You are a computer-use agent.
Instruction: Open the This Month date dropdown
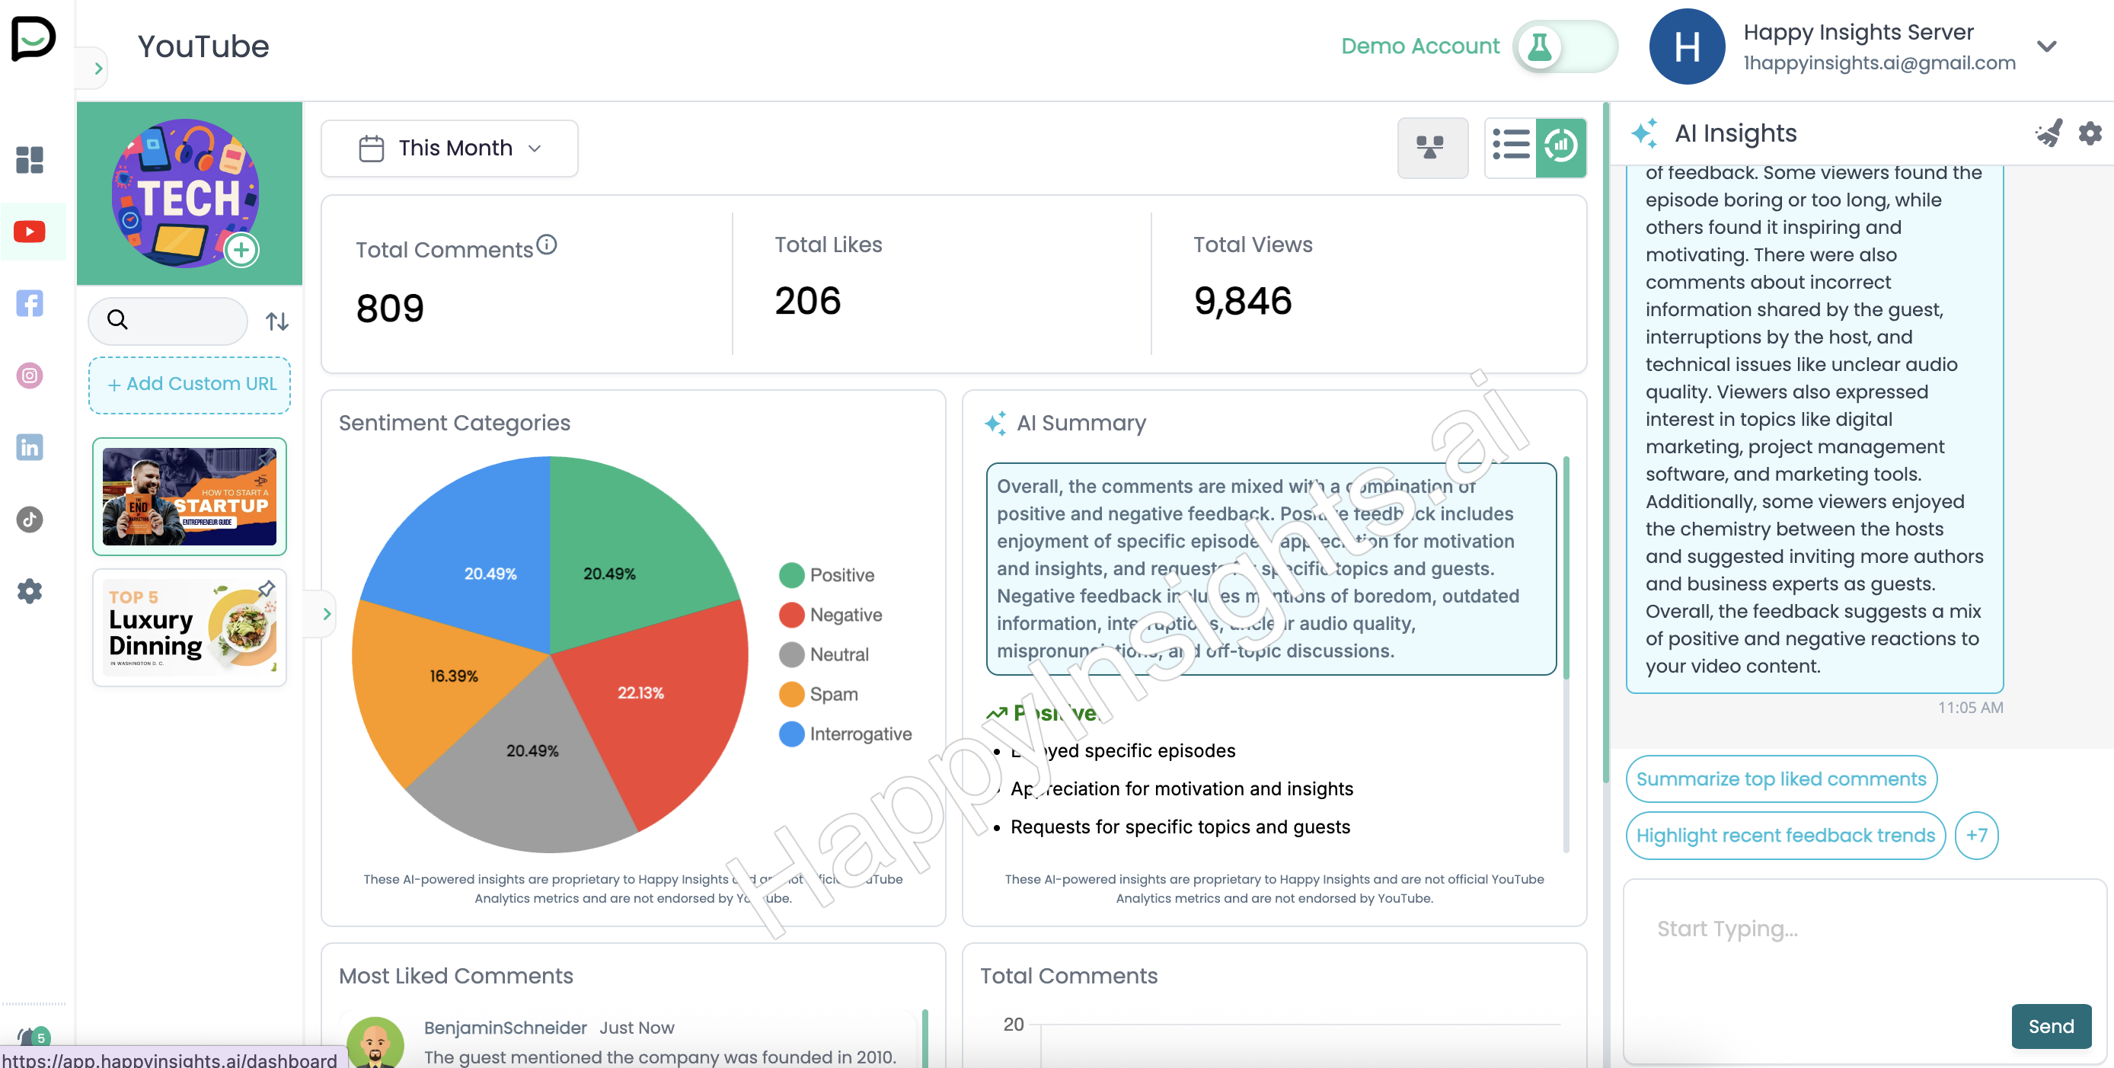pos(450,149)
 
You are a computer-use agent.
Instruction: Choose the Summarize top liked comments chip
pos(1780,779)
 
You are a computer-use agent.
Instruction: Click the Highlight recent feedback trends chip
pos(1785,836)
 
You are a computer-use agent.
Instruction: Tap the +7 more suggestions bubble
pos(1976,836)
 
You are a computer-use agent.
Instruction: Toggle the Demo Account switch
pos(1564,46)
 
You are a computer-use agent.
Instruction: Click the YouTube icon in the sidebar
pos(30,232)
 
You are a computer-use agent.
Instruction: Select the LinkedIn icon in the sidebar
pos(30,447)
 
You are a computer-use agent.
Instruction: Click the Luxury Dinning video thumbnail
pos(190,628)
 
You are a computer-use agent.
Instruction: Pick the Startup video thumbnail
pos(190,497)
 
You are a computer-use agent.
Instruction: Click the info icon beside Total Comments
pos(547,245)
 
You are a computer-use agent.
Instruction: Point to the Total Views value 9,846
pos(1243,301)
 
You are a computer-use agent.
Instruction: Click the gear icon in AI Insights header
pos(2090,133)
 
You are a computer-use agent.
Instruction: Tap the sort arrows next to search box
pos(277,321)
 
